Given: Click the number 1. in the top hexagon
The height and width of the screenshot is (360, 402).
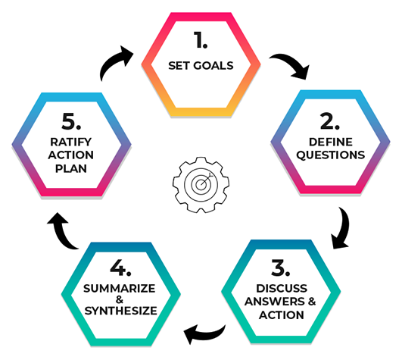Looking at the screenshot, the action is coord(201,39).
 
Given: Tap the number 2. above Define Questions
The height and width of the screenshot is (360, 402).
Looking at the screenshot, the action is coord(330,121).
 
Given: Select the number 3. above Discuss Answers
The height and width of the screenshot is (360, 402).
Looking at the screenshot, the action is coord(281,268).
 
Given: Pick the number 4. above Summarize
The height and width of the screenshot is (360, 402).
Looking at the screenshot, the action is coord(120,268).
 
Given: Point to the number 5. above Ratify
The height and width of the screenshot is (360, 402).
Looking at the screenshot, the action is coord(71,121).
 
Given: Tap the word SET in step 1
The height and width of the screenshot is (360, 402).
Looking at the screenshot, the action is coord(179,66).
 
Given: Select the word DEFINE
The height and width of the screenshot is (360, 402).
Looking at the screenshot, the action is coord(331,142).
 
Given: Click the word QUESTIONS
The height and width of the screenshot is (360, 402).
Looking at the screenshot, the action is coord(331,155).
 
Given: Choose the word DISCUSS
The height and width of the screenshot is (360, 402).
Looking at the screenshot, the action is coord(282,289).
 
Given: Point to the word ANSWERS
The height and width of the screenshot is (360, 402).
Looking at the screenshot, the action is coord(274,302).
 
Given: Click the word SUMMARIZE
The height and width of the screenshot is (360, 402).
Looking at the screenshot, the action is coord(119,289).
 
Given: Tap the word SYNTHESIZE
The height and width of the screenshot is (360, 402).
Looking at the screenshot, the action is coord(121,311).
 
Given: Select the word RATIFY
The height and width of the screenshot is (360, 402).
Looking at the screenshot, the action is coord(70,142).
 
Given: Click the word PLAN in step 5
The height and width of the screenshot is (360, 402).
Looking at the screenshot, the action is coord(71,168).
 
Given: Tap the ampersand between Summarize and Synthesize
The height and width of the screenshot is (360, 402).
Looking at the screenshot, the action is coord(120,299).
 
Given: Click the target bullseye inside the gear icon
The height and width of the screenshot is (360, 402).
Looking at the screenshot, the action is coord(201,184).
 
